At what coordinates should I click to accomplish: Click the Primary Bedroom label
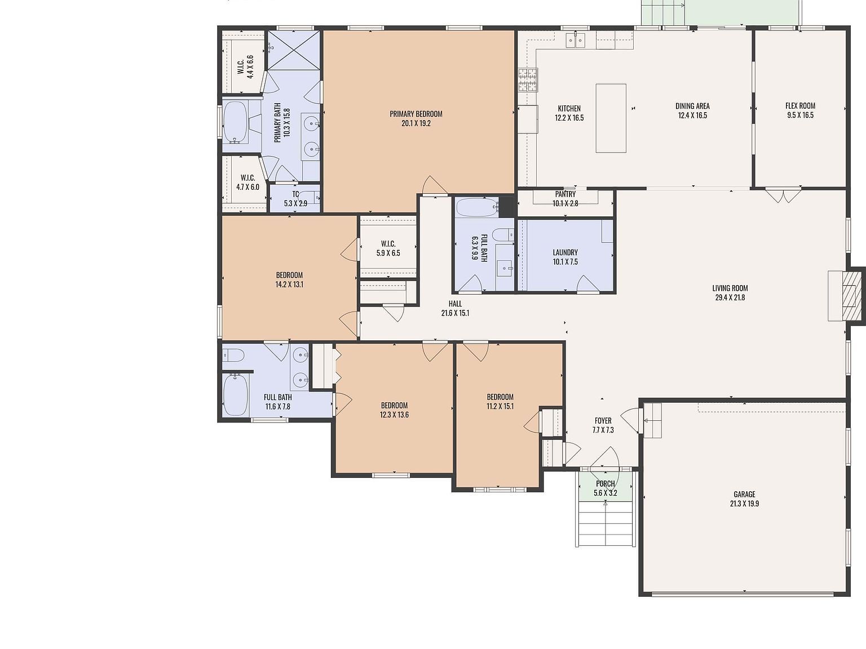click(x=416, y=114)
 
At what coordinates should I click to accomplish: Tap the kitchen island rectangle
click(x=611, y=118)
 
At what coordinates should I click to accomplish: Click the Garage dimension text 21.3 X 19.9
click(x=744, y=504)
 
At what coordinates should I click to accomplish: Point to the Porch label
click(x=606, y=483)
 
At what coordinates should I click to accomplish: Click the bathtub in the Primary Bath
click(x=235, y=123)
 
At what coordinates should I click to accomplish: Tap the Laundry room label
click(x=565, y=252)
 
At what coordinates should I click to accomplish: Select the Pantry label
click(x=565, y=194)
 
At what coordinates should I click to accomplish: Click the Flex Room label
click(x=800, y=105)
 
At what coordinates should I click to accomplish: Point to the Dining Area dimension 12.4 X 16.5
click(x=692, y=115)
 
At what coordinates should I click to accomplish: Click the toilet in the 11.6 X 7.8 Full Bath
click(x=234, y=355)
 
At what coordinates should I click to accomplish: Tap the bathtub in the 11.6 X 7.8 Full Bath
click(x=236, y=395)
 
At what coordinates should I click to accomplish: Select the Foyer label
click(x=603, y=420)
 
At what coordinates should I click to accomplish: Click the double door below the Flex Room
click(x=783, y=195)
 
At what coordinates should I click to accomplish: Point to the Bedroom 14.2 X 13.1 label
click(x=289, y=275)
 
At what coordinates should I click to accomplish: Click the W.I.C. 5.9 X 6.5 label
click(x=388, y=244)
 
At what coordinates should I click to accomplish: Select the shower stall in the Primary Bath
click(x=293, y=50)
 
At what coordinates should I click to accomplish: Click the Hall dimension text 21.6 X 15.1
click(x=455, y=313)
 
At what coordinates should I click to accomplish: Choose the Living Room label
click(x=730, y=288)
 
